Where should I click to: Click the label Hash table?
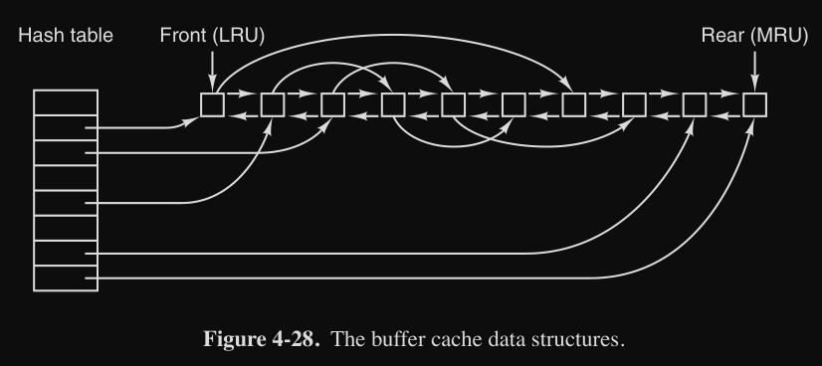(66, 36)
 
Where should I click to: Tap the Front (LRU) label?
(212, 36)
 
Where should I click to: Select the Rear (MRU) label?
(755, 36)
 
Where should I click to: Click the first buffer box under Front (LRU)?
(212, 104)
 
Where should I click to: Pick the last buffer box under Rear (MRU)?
(755, 104)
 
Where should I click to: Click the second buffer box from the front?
(273, 104)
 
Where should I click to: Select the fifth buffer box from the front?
(454, 104)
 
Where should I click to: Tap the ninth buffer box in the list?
(695, 104)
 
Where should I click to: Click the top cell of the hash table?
(66, 102)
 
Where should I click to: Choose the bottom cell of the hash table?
(66, 278)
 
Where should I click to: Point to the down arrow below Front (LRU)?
(212, 71)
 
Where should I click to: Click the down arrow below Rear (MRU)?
(755, 71)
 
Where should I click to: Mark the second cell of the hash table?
(66, 127)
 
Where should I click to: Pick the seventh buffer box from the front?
(574, 104)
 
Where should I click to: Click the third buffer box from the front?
(333, 104)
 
